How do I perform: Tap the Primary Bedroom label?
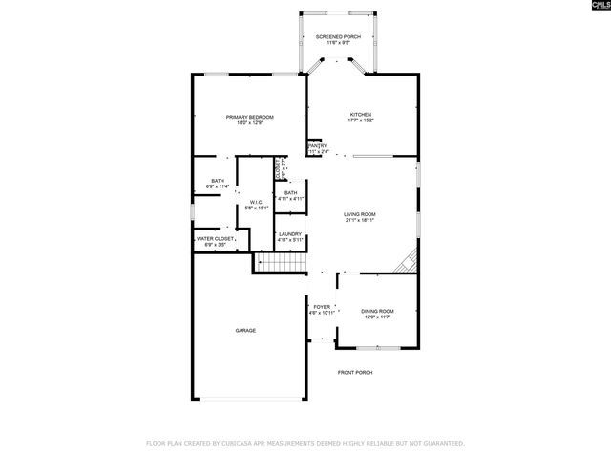click(243, 117)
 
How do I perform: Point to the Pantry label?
click(318, 146)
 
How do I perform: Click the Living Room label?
click(360, 214)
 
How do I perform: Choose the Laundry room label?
click(290, 234)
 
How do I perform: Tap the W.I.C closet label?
click(257, 202)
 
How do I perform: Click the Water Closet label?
click(215, 239)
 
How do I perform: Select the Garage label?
click(246, 330)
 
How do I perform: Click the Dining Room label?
click(376, 311)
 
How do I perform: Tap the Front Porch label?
click(354, 372)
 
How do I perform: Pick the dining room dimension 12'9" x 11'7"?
click(376, 317)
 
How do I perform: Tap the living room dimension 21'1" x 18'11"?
click(360, 220)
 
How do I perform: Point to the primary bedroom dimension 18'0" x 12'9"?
click(243, 122)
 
